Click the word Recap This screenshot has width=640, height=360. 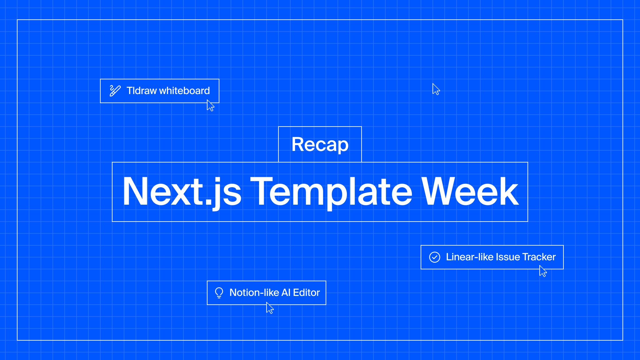click(x=320, y=144)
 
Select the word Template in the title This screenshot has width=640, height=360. click(x=331, y=191)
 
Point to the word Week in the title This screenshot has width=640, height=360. click(x=470, y=191)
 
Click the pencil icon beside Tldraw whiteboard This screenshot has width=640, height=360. click(x=115, y=91)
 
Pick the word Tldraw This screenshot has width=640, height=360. click(x=142, y=91)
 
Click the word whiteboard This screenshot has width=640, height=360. click(x=184, y=91)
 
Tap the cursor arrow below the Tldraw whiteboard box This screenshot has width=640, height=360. click(x=210, y=106)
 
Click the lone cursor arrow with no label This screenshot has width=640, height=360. click(x=436, y=89)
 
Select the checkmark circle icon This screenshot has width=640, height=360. click(x=434, y=257)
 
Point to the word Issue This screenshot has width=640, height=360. click(x=508, y=257)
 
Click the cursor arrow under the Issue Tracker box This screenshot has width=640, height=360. click(x=543, y=271)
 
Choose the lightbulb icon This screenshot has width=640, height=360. click(x=219, y=293)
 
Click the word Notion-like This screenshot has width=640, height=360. click(x=254, y=292)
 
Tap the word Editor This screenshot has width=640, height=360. click(x=306, y=292)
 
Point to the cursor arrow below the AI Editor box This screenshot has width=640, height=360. click(x=270, y=308)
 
